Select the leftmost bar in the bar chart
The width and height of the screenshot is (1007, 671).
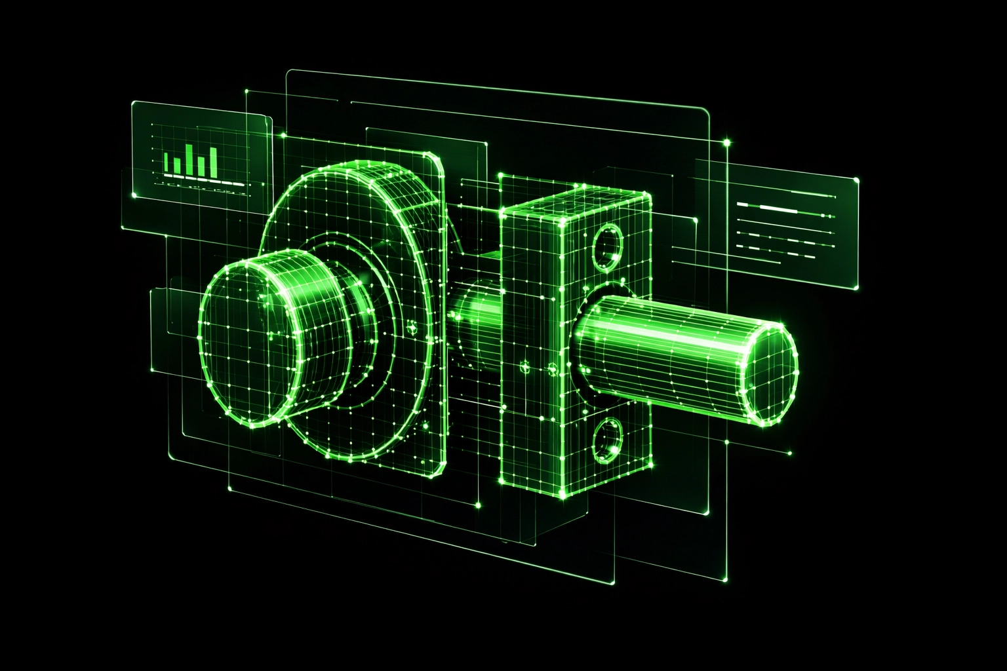(x=167, y=163)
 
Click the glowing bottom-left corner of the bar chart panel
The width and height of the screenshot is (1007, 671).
(x=133, y=195)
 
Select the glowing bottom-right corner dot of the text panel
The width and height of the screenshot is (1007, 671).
(x=857, y=288)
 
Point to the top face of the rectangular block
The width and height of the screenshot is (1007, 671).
(x=577, y=204)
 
